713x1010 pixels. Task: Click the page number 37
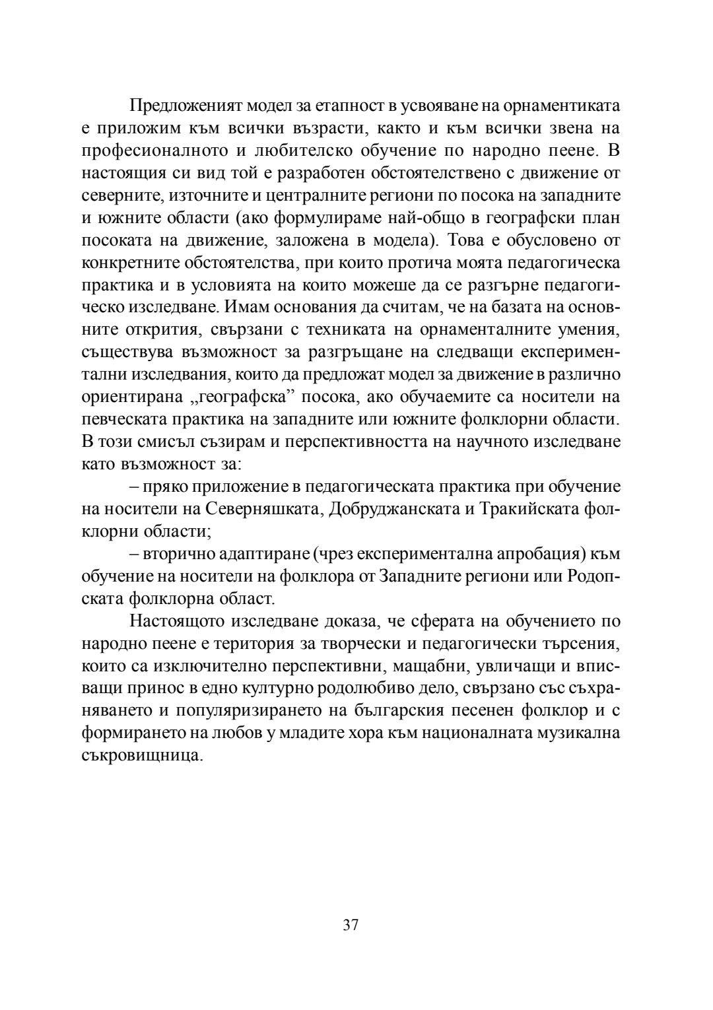(351, 925)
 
